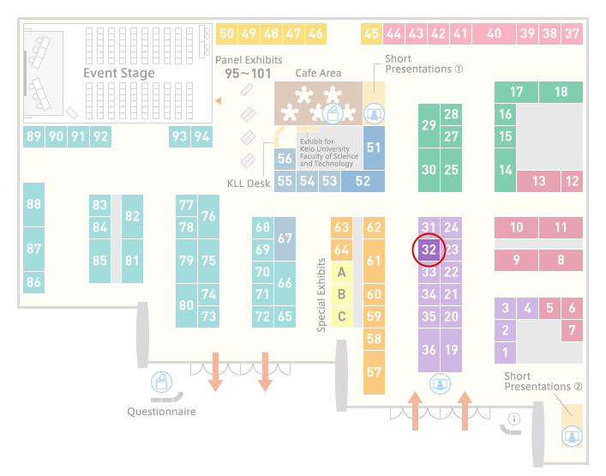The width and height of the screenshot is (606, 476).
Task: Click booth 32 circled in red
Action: (429, 250)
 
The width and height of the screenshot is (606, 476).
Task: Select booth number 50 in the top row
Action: (226, 33)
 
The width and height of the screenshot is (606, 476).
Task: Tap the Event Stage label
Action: (119, 73)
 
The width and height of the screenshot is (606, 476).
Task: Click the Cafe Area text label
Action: (318, 73)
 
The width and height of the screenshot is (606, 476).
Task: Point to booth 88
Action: (33, 204)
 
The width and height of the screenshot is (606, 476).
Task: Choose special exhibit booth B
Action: (342, 295)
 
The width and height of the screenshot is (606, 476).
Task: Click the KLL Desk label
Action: (249, 184)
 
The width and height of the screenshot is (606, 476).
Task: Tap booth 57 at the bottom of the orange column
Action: (374, 372)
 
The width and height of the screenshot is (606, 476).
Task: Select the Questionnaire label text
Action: (161, 412)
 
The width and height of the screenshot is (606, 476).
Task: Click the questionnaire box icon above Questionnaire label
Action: (161, 382)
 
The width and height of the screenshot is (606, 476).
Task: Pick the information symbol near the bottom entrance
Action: (514, 419)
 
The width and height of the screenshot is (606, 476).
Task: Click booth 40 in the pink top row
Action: (494, 33)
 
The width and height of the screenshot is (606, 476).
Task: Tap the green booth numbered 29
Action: (429, 125)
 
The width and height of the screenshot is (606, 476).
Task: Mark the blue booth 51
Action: (374, 148)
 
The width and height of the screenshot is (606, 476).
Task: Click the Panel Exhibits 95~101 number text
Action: (248, 74)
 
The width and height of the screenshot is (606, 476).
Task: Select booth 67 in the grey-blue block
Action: (285, 238)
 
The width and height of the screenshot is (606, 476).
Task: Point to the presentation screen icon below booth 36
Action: (441, 384)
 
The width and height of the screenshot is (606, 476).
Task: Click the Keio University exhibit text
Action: (329, 153)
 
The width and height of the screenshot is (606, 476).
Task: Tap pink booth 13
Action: (539, 181)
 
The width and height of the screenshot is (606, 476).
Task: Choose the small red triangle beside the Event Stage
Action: (219, 100)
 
